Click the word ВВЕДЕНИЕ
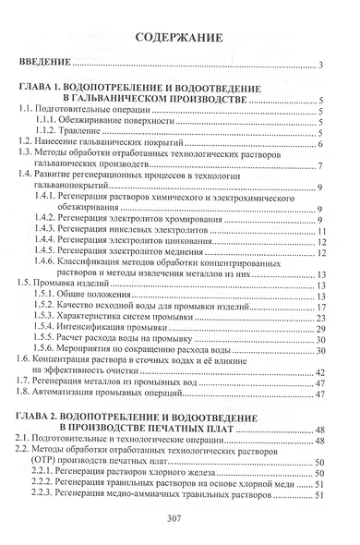click(x=46, y=66)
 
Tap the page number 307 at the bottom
click(x=180, y=521)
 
